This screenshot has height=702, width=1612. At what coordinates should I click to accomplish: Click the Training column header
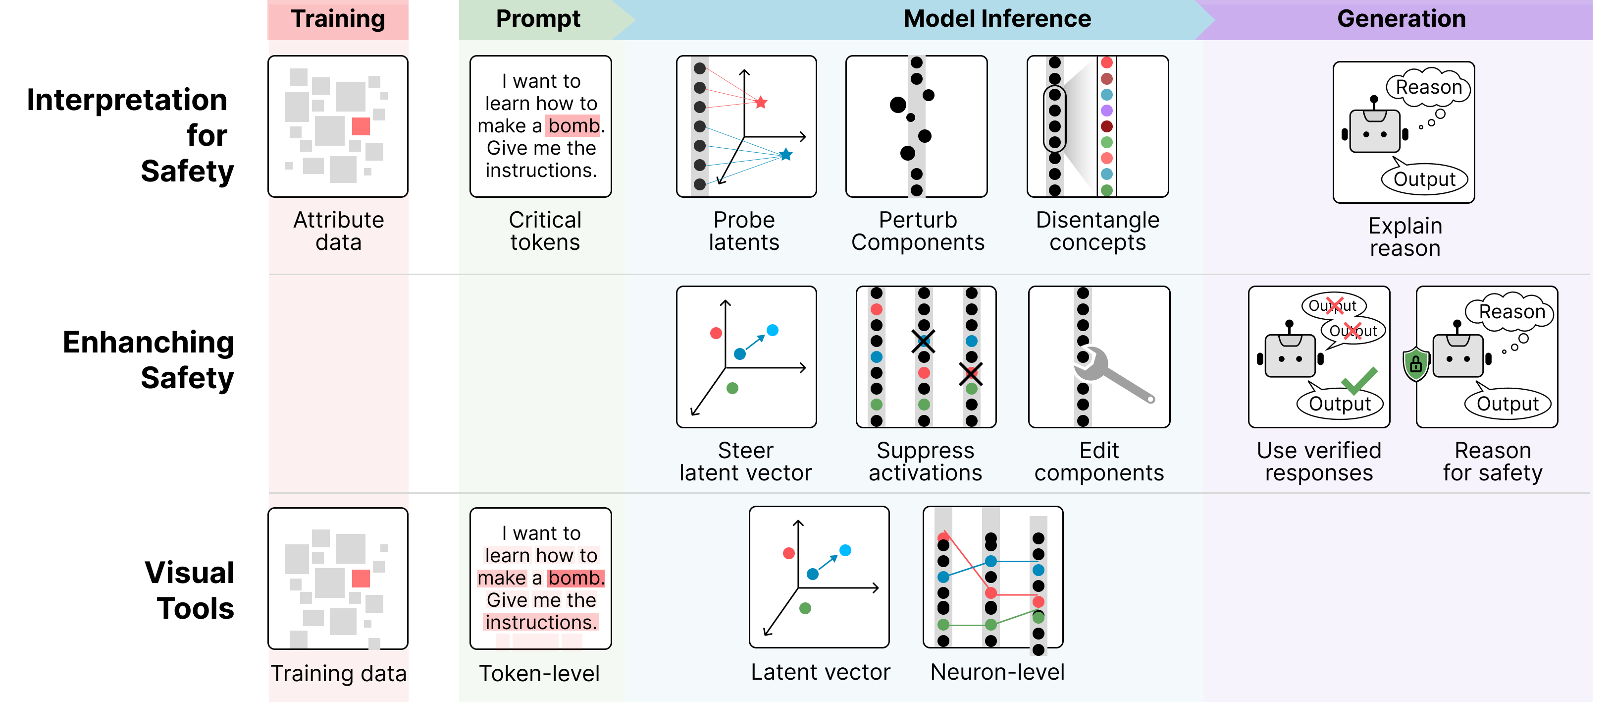point(337,19)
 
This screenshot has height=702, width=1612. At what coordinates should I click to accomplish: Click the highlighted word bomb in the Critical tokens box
point(573,126)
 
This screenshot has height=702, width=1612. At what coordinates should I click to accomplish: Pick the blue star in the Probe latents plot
point(786,154)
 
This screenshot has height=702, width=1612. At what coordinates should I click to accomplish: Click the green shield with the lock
point(1415,364)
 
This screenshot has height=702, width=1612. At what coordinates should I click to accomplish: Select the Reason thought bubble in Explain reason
point(1429,87)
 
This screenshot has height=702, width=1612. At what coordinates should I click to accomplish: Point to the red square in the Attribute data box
point(361,126)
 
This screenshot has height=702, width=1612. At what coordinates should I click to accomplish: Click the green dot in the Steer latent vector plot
point(732,388)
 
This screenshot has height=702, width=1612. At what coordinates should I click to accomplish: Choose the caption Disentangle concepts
point(1097,231)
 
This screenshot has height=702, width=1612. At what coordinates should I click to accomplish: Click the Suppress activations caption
point(925,462)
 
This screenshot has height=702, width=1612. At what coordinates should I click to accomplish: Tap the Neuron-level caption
point(997,672)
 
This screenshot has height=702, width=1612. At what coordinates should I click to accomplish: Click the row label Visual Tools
point(189,590)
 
